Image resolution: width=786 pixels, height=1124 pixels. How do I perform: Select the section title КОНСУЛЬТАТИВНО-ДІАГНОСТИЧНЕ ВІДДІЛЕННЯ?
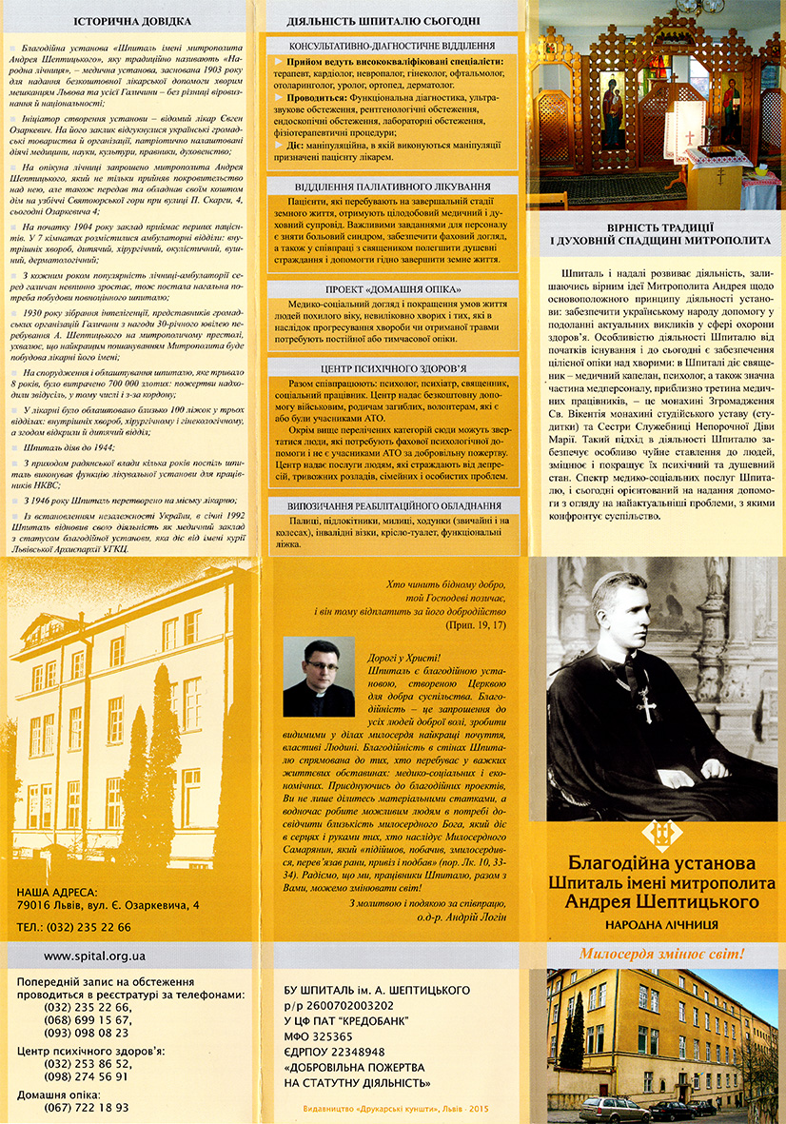point(393,46)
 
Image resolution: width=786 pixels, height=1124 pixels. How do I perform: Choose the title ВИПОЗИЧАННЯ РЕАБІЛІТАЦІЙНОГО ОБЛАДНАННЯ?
point(393,506)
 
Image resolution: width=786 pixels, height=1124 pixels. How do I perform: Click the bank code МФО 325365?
point(320,1035)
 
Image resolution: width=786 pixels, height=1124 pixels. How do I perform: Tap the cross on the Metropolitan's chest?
point(647,703)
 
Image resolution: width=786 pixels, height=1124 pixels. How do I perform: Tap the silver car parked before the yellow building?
point(614,1108)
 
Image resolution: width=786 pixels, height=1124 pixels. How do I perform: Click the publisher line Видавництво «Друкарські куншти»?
point(393,1110)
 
